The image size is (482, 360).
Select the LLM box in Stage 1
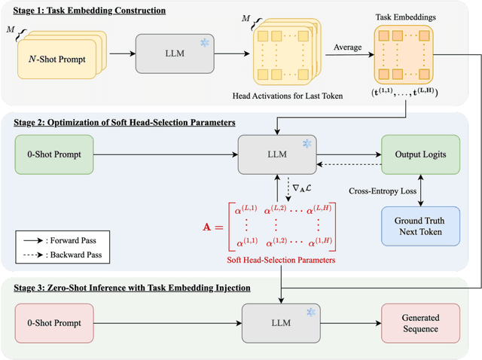coord(169,53)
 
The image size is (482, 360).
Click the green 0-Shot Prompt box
coord(58,154)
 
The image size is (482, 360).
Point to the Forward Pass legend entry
coord(71,239)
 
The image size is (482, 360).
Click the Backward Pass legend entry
coord(73,254)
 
